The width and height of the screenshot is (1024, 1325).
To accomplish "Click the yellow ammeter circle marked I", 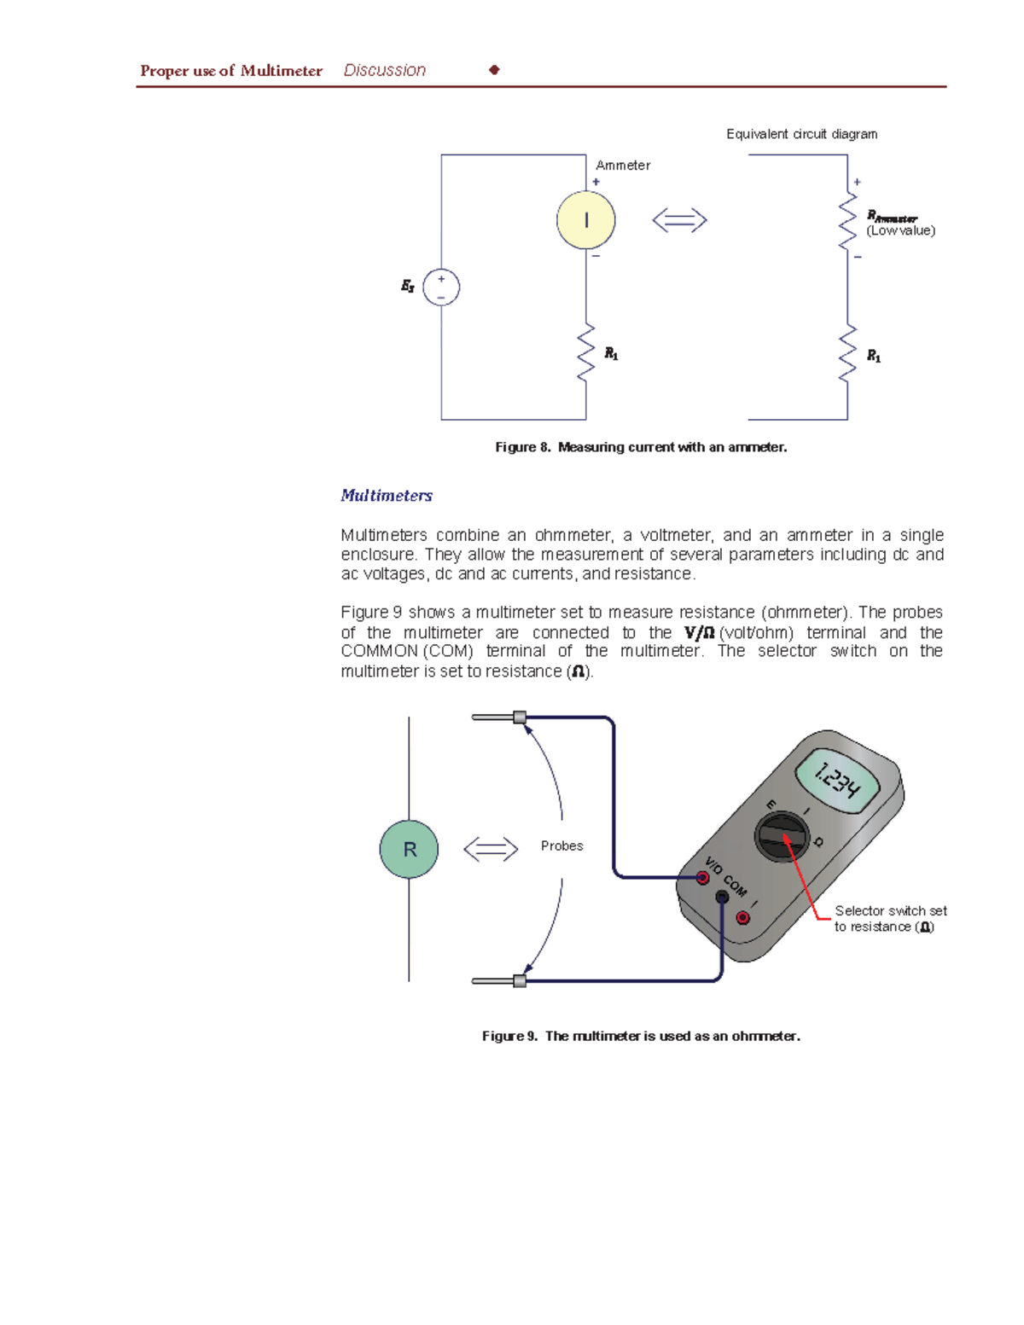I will (585, 220).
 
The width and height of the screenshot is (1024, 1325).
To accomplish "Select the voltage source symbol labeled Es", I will (441, 288).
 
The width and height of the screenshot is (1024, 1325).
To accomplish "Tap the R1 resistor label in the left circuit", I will (611, 353).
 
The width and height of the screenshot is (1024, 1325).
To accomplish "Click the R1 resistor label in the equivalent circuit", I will (874, 356).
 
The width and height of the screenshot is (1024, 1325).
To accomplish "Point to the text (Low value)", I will (900, 231).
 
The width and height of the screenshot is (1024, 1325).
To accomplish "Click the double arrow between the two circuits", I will (679, 220).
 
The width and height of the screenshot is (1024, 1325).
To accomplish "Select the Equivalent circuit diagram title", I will (801, 134).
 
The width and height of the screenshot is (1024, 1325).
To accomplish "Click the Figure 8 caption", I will (641, 447).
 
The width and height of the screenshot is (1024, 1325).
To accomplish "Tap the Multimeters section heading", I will (387, 496).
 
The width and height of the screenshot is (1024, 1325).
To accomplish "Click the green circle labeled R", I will (409, 849).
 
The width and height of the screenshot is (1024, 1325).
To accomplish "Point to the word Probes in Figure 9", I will (561, 846).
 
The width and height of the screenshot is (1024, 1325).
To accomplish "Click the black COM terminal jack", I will (722, 897).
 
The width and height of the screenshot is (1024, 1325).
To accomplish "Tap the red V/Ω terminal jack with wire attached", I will (702, 877).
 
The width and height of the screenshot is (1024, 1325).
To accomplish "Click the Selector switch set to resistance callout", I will (889, 919).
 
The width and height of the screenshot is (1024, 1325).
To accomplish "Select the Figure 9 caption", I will (641, 1036).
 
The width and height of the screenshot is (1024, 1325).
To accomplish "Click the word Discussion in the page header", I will (384, 71).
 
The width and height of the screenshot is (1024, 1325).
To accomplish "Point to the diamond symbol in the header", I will (494, 70).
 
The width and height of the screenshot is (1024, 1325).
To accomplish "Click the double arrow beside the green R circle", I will (491, 849).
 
